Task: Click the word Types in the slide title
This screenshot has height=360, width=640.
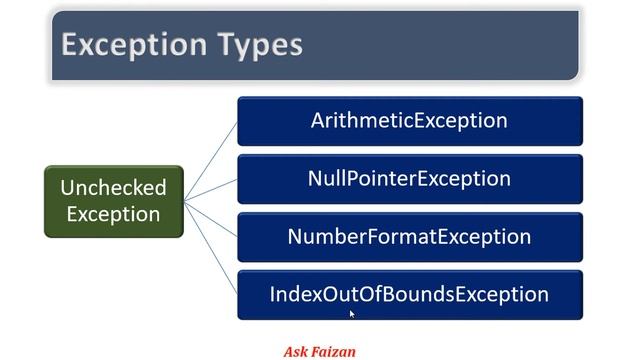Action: click(x=259, y=45)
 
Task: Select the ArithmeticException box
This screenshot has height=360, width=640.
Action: click(x=409, y=121)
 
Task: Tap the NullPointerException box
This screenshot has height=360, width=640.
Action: click(x=409, y=179)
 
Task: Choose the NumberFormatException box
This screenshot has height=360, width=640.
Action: click(x=409, y=237)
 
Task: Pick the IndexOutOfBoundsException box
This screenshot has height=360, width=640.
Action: click(x=409, y=295)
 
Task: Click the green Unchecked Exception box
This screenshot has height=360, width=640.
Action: click(x=113, y=201)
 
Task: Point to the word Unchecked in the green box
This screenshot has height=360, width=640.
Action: click(x=113, y=188)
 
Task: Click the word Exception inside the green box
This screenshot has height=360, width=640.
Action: click(x=113, y=214)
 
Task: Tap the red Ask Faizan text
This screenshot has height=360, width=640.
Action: click(x=319, y=351)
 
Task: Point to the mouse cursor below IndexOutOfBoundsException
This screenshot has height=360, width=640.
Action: click(x=352, y=313)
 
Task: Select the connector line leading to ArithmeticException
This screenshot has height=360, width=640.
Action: click(x=211, y=160)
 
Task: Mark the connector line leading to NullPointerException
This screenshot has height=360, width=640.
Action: click(x=211, y=189)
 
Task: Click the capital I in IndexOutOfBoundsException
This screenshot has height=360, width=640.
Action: click(x=273, y=295)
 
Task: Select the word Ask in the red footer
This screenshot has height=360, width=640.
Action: click(x=295, y=351)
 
